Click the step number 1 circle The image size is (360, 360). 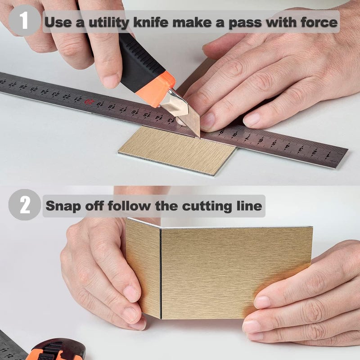pos(25,21)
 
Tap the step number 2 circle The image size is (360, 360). pos(25,205)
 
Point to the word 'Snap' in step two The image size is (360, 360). pos(63,206)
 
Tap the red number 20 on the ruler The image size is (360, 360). pos(89,102)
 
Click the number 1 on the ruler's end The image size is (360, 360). pos(328,156)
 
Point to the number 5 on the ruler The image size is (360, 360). pos(274,144)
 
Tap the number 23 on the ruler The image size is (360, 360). pos(55,94)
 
